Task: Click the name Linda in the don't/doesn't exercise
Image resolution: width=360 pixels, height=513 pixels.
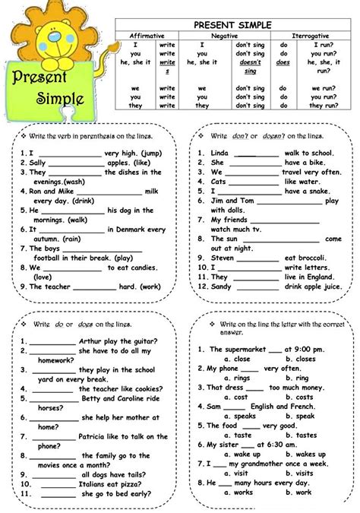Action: click(x=220, y=153)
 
